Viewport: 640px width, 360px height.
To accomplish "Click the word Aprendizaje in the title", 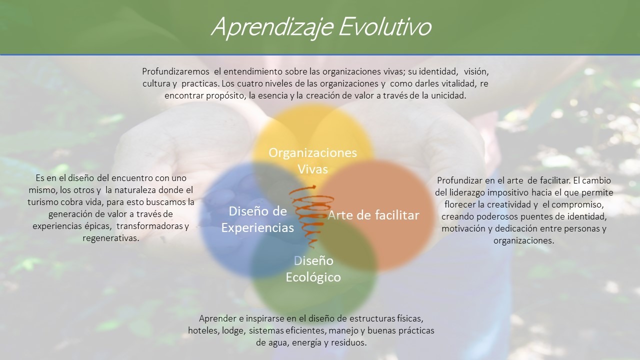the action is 272,27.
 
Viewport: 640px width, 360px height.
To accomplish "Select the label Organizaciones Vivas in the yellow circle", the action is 312,161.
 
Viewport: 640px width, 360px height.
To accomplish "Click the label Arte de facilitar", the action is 373,215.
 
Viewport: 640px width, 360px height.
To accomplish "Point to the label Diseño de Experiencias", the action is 257,219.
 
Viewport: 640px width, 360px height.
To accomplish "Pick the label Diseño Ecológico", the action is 313,269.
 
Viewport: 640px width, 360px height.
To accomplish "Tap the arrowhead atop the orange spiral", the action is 314,187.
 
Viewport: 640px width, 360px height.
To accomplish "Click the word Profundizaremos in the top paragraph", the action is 175,71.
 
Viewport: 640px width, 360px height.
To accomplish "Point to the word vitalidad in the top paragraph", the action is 458,83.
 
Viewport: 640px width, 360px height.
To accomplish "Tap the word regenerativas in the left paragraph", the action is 111,238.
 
